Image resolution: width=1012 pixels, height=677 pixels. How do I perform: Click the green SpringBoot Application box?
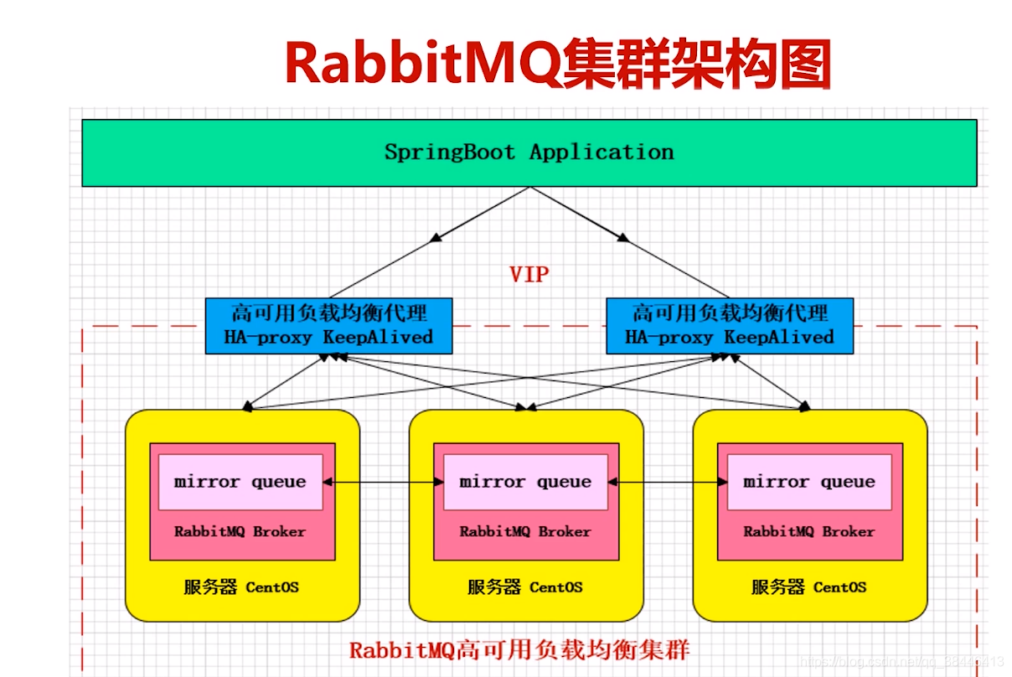(x=529, y=152)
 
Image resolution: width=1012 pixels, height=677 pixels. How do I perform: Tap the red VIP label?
(x=529, y=274)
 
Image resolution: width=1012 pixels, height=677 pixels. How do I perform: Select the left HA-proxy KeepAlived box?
(x=328, y=325)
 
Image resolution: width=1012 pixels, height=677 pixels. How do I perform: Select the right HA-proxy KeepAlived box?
(x=729, y=325)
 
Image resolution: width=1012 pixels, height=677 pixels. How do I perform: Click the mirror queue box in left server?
(x=240, y=482)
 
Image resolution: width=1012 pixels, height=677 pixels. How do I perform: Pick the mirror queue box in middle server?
(x=525, y=482)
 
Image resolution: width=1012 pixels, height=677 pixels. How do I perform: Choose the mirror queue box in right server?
(x=809, y=482)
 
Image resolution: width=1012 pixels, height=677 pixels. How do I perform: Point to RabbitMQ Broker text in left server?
(x=240, y=531)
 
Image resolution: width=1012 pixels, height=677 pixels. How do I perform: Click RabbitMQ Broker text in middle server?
(x=525, y=531)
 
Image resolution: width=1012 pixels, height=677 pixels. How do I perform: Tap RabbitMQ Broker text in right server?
(x=809, y=531)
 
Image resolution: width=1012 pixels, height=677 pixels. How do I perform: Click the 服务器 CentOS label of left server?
(x=241, y=587)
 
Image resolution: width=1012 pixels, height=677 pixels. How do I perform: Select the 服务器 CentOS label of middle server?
(x=525, y=587)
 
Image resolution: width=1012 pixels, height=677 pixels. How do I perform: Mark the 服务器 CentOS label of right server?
(x=809, y=587)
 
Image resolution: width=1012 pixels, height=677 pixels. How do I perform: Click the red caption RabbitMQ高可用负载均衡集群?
(x=519, y=650)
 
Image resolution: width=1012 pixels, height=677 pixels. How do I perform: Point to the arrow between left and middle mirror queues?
(x=383, y=482)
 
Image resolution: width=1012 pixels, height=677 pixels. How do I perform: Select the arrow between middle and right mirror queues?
(x=668, y=482)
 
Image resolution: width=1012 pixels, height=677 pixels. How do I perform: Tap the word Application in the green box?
(x=602, y=152)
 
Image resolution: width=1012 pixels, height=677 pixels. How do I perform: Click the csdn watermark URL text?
(x=901, y=662)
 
